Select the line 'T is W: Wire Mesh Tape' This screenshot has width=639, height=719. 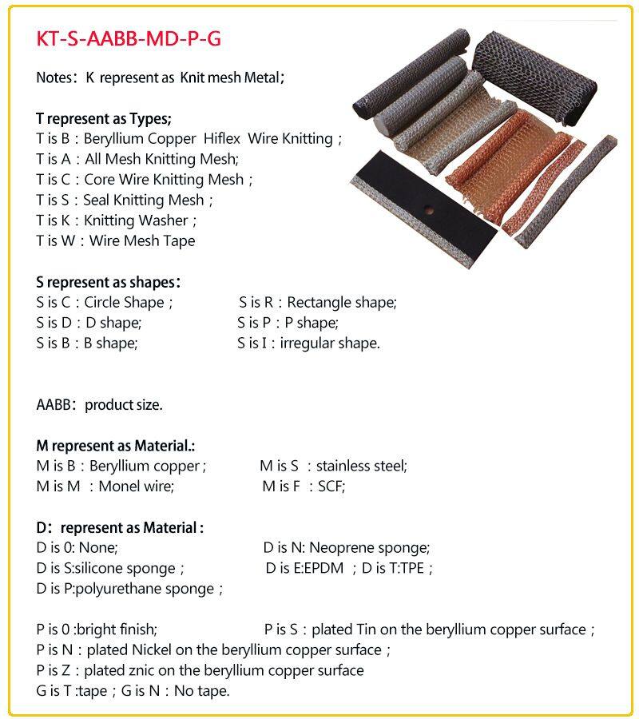coord(115,240)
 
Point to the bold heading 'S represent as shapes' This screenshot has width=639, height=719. coord(108,282)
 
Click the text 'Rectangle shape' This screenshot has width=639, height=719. coord(341,303)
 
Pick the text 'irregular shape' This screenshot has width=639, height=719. coord(329,344)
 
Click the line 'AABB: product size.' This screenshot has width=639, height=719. coord(99,404)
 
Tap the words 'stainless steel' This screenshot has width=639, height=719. coord(361,466)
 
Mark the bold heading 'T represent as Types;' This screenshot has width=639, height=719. coord(104,119)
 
